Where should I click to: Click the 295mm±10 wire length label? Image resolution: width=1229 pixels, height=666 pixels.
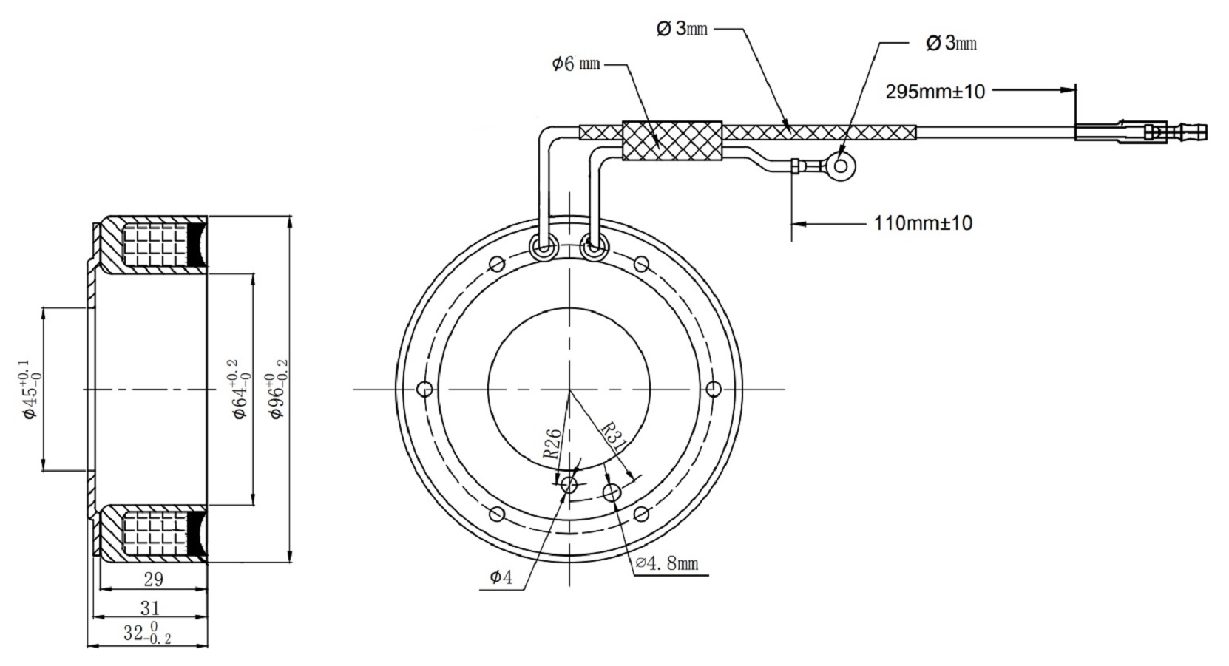click(935, 92)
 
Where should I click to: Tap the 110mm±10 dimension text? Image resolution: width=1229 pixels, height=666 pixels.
click(923, 222)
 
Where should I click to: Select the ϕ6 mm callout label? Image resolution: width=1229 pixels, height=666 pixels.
click(575, 64)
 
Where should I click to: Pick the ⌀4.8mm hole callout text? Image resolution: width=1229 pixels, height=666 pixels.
click(667, 564)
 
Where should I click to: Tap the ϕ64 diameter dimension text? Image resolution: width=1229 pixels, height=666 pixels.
click(240, 390)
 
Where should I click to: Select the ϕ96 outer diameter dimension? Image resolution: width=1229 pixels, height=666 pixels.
click(278, 390)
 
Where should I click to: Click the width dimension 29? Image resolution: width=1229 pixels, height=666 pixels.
click(153, 579)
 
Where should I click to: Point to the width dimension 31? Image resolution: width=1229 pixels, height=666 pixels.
click(150, 608)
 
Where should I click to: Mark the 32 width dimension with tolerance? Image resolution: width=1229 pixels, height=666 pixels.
click(146, 634)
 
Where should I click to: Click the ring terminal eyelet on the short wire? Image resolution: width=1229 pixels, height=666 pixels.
click(840, 166)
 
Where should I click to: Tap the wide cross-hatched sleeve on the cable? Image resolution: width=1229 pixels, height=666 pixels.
click(671, 140)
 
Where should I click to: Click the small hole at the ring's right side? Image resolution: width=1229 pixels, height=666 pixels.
click(714, 389)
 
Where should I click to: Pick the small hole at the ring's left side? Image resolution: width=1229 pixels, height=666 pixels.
click(424, 389)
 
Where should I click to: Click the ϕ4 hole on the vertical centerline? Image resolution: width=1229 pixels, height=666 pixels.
click(569, 485)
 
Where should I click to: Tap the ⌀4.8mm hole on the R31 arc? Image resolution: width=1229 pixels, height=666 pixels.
click(612, 492)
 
